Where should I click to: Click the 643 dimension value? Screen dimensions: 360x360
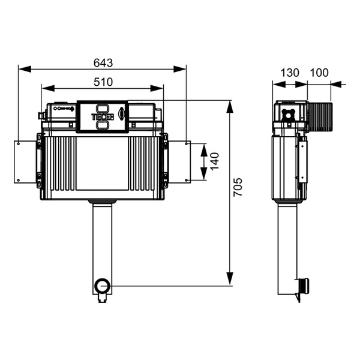click(103, 63)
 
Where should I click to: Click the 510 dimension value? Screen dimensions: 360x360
click(103, 82)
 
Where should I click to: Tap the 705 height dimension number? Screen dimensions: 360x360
click(238, 187)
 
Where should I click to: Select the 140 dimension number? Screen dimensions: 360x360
click(215, 161)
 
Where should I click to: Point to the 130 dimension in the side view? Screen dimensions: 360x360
click(290, 73)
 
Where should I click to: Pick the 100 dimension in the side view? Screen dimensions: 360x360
click(319, 73)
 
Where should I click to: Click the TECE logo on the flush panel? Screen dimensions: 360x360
click(103, 117)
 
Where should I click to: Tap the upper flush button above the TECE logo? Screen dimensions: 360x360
click(103, 109)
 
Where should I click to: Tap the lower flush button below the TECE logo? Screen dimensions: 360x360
click(103, 125)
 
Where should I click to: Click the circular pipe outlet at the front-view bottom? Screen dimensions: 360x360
click(103, 286)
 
